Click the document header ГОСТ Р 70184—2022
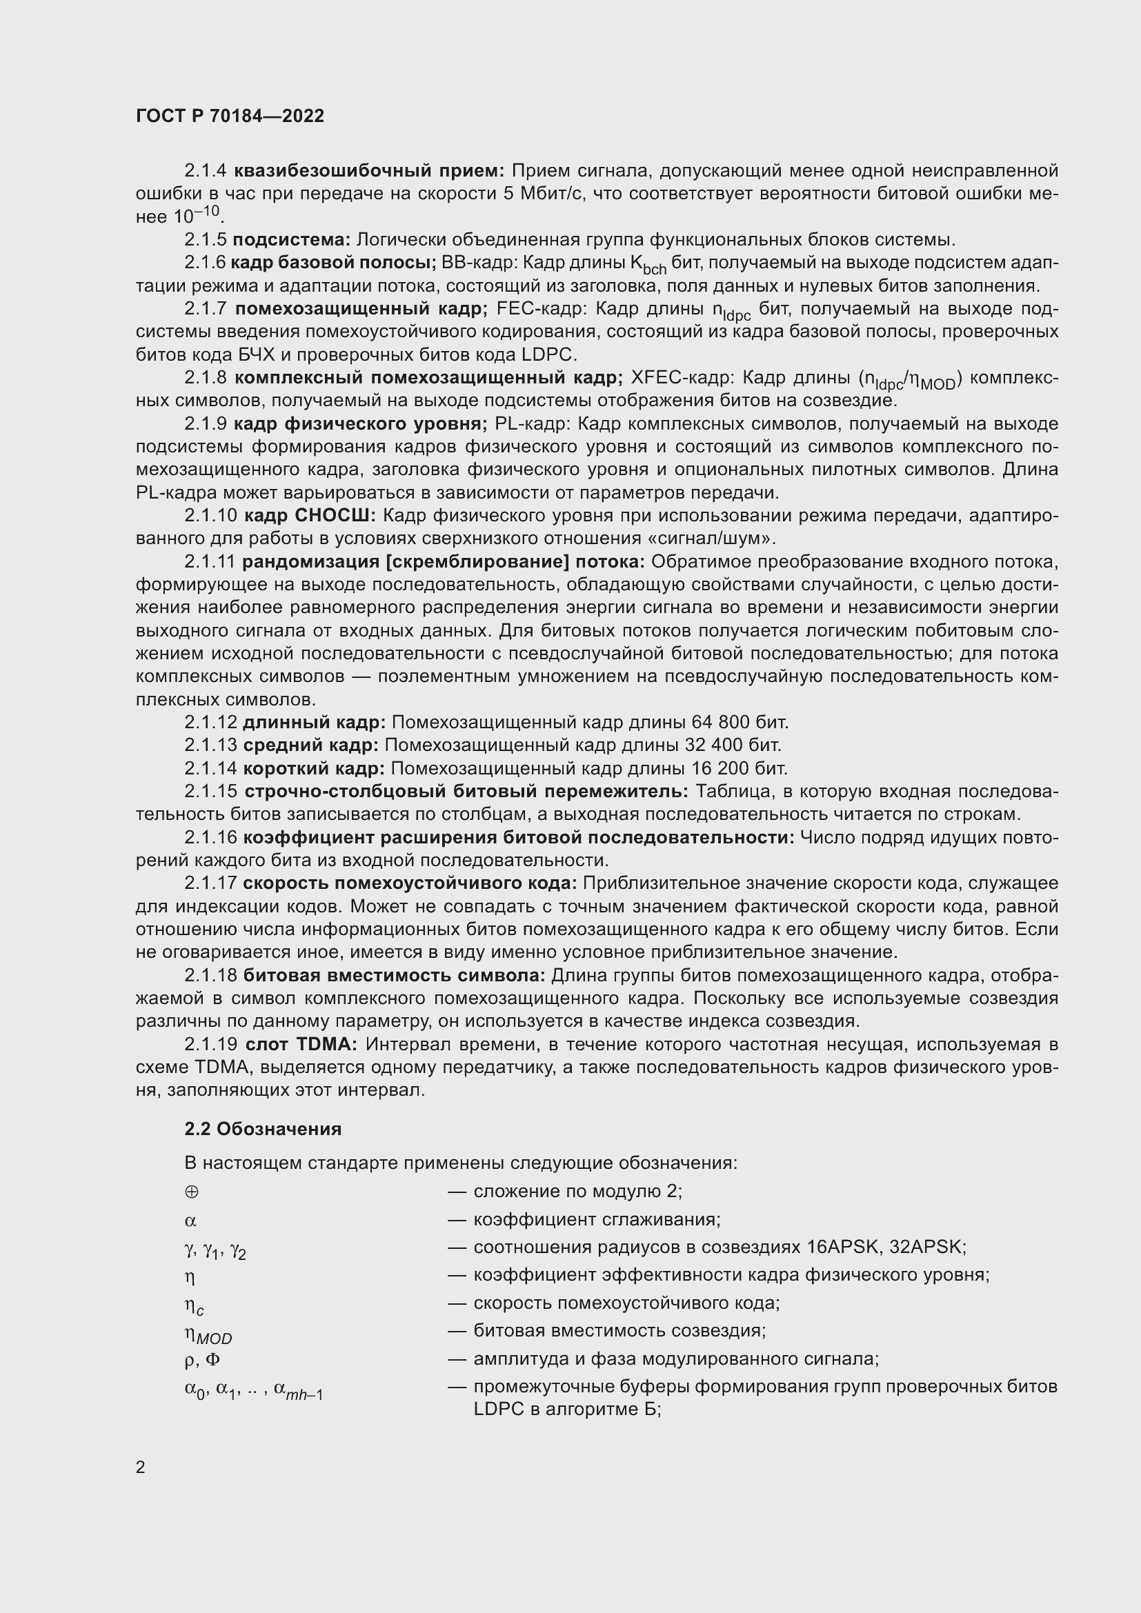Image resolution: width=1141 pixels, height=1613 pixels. [230, 117]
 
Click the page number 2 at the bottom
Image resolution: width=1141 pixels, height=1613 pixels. [141, 1467]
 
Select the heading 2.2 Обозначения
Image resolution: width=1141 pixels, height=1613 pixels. [263, 1129]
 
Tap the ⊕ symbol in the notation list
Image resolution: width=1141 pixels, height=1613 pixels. [191, 1192]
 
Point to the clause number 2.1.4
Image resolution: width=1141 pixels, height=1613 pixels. [205, 171]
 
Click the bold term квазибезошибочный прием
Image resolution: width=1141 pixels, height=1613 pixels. [369, 171]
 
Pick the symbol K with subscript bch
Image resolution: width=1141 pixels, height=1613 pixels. [648, 265]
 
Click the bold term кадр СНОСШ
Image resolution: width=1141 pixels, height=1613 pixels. [310, 516]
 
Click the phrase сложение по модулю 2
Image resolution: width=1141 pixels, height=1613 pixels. [576, 1192]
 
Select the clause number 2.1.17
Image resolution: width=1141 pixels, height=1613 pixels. [211, 883]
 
